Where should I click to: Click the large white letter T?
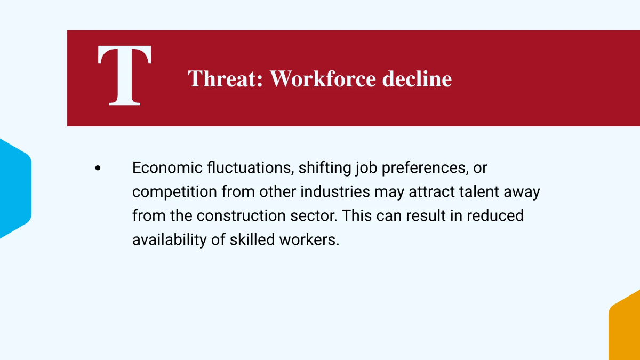(x=125, y=75)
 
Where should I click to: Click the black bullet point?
(x=98, y=168)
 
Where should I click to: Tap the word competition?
(x=175, y=192)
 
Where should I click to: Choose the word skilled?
(x=252, y=240)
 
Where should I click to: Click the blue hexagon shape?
(x=14, y=188)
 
